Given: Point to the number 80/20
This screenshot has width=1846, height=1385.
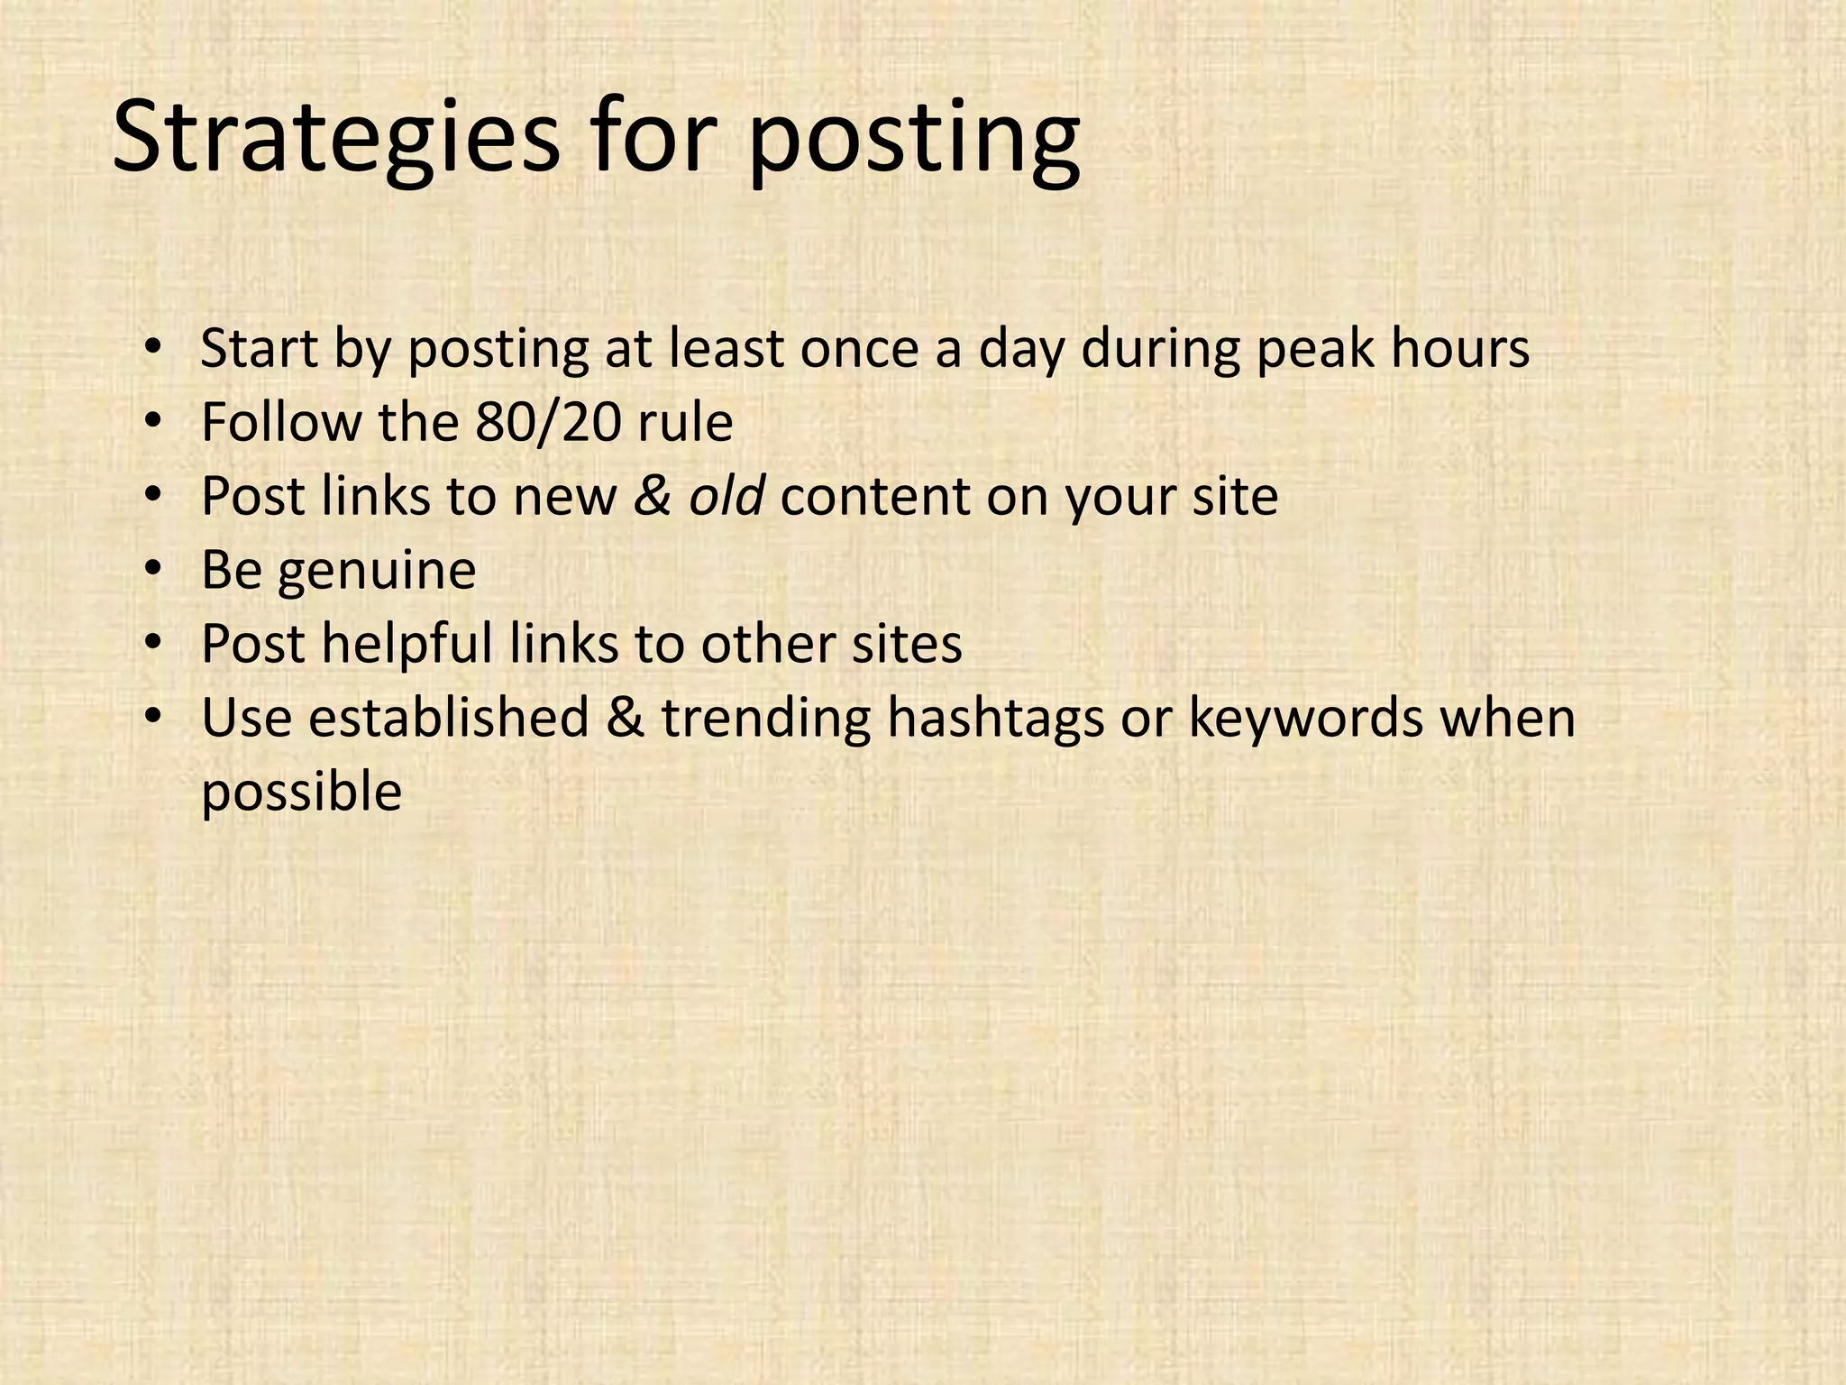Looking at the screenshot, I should [x=549, y=422].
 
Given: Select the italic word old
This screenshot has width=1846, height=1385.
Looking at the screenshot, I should [x=727, y=496].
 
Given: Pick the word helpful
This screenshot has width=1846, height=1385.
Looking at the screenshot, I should [x=407, y=646].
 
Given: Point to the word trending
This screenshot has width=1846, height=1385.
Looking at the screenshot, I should [x=766, y=720].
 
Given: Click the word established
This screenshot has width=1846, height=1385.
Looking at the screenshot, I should [x=448, y=718].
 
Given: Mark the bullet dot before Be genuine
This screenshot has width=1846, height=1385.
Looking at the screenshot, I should [x=153, y=570].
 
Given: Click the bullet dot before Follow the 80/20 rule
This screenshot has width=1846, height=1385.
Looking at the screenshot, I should [x=153, y=422].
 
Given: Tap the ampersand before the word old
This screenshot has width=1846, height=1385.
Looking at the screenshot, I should [x=653, y=496].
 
